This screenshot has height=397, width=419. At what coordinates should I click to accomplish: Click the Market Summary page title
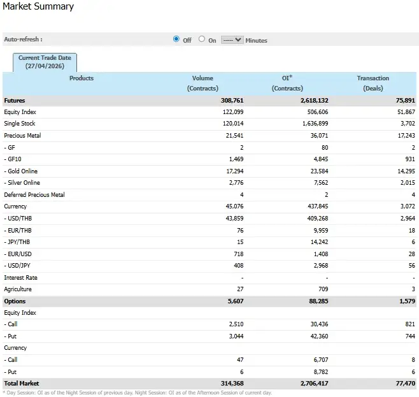pyautogui.click(x=39, y=7)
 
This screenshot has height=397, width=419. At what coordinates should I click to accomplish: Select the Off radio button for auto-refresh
pyautogui.click(x=176, y=39)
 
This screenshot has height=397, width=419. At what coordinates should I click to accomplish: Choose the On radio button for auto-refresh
pyautogui.click(x=202, y=39)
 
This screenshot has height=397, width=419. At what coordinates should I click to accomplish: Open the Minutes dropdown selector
pyautogui.click(x=232, y=40)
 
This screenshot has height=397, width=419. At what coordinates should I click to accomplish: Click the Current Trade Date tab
pyautogui.click(x=45, y=62)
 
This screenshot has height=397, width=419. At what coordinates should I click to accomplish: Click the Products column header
pyautogui.click(x=81, y=78)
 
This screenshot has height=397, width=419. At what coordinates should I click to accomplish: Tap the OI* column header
pyautogui.click(x=287, y=78)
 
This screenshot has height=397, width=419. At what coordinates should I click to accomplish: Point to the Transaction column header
pyautogui.click(x=373, y=78)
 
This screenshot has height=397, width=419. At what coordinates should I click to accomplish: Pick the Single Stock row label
pyautogui.click(x=20, y=124)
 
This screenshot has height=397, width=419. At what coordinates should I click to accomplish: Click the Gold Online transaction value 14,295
pyautogui.click(x=402, y=171)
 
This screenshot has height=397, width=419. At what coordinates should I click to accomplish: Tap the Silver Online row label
pyautogui.click(x=23, y=183)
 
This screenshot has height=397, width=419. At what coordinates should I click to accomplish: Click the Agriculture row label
pyautogui.click(x=18, y=289)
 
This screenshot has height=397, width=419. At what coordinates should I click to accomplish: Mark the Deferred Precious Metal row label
pyautogui.click(x=34, y=195)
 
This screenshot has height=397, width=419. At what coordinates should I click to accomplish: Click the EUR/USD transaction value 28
pyautogui.click(x=411, y=254)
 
